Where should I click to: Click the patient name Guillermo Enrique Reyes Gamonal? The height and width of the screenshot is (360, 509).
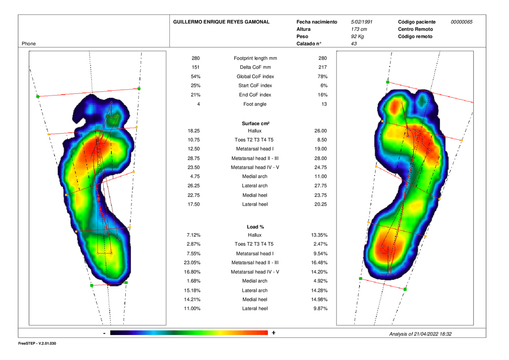221,22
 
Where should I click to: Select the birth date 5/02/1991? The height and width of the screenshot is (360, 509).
361,22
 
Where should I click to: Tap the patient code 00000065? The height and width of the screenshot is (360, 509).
462,22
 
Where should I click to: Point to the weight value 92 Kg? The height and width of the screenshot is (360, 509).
357,36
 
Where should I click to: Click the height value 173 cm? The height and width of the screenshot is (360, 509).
359,29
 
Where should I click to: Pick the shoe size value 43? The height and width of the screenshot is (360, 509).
354,44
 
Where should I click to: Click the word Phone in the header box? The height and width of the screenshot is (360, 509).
29,44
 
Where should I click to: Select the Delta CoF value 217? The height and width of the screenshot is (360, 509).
322,67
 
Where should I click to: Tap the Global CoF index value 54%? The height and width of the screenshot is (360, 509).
196,76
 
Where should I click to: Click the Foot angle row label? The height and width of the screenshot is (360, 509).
255,104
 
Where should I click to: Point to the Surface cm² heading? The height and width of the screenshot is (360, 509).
256,123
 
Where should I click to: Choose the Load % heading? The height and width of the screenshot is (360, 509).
255,227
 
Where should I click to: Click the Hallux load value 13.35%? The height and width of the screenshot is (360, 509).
319,235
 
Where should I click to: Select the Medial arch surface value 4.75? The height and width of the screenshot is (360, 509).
195,176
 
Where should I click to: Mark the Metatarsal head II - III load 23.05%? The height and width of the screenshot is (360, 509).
192,263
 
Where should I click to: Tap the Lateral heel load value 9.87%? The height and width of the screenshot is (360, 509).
321,308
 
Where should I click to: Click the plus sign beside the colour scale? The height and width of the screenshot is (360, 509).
274,333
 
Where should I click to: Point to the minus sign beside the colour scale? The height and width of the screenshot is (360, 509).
104,333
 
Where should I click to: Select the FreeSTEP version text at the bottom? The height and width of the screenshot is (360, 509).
37,343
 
